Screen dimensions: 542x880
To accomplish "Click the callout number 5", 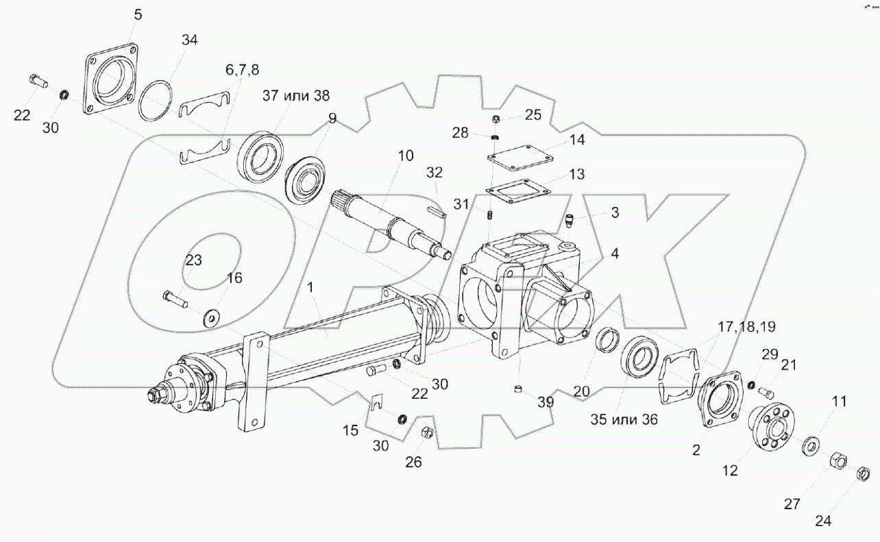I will click(138, 14).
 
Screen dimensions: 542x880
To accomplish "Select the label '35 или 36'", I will click(624, 419).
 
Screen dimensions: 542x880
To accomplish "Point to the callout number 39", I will click(545, 403).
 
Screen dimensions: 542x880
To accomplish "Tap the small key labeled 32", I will click(436, 212).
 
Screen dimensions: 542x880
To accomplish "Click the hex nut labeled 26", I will click(426, 432).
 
